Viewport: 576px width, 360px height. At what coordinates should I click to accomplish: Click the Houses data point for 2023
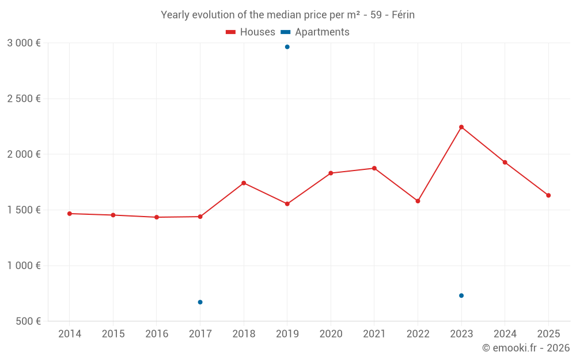click(x=461, y=127)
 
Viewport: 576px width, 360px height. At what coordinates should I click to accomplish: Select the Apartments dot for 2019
click(x=287, y=47)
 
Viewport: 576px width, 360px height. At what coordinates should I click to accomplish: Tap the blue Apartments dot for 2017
click(x=200, y=302)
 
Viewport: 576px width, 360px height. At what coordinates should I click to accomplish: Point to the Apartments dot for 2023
click(x=461, y=295)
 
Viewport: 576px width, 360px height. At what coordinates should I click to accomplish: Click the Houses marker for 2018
click(x=244, y=183)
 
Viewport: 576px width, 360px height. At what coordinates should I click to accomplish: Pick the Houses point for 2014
click(x=69, y=214)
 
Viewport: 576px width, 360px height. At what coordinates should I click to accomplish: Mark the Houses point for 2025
click(x=548, y=195)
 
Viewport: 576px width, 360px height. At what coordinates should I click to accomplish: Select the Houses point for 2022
click(x=418, y=201)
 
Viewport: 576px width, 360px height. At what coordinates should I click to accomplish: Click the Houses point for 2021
click(x=374, y=168)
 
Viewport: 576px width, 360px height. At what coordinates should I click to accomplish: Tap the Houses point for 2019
click(x=287, y=204)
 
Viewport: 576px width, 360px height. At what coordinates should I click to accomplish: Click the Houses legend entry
click(x=251, y=32)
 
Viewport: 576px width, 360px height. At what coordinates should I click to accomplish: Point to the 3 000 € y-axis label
click(x=24, y=43)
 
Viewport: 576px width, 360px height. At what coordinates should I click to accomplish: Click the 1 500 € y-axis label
click(x=24, y=210)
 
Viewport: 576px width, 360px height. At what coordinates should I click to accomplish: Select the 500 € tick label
click(x=28, y=321)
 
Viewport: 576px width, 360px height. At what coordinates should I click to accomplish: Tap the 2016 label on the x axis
click(x=157, y=334)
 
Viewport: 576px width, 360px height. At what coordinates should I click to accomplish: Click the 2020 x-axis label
click(x=331, y=334)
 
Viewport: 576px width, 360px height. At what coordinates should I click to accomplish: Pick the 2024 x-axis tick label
click(x=505, y=334)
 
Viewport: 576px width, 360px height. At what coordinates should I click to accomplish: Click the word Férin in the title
click(x=403, y=15)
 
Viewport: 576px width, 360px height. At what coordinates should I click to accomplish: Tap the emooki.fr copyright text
click(x=526, y=348)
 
